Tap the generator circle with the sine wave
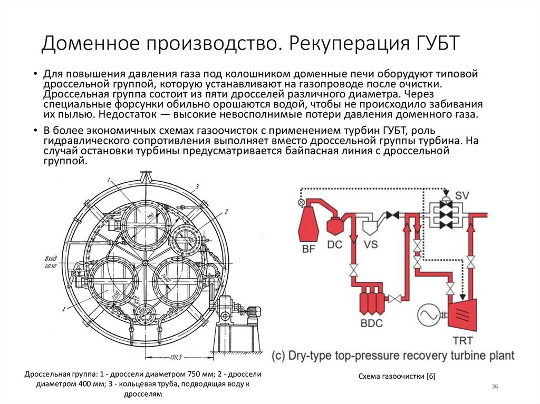coord(430,316)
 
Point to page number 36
coord(495,387)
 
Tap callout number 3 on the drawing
coord(197,186)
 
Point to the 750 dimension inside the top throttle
coord(150,217)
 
